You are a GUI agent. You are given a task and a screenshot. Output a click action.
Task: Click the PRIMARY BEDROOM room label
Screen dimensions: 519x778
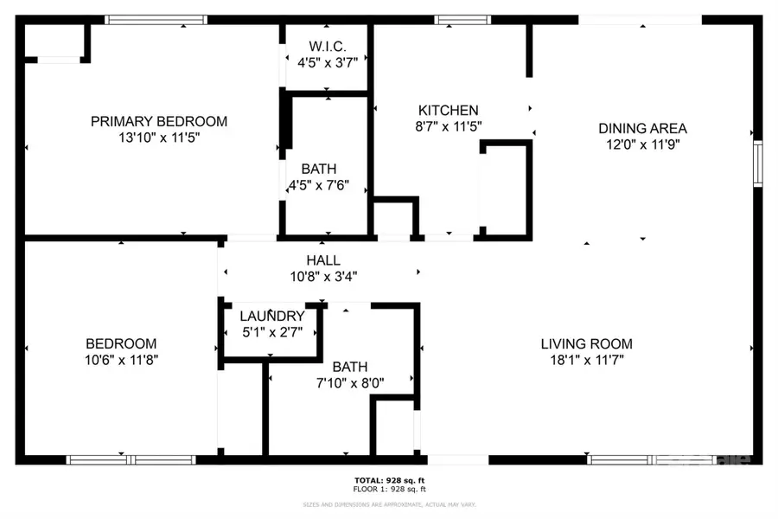(x=159, y=121)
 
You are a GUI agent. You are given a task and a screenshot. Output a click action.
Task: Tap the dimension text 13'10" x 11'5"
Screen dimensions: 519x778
(x=159, y=138)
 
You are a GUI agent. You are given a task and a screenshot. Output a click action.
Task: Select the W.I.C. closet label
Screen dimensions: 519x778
(x=327, y=45)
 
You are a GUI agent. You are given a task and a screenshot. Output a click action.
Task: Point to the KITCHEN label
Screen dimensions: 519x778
(x=448, y=110)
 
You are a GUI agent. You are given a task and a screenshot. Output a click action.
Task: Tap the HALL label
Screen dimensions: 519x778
(x=322, y=259)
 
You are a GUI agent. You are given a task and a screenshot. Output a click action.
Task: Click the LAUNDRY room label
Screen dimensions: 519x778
(x=271, y=316)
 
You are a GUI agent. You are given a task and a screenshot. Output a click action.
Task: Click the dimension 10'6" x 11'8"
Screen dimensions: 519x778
(x=120, y=360)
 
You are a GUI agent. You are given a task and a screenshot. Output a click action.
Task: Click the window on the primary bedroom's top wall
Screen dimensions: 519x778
(x=156, y=19)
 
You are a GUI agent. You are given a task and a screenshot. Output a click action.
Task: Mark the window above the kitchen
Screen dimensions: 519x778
(x=462, y=19)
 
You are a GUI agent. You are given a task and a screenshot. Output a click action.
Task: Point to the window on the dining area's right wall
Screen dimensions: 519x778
(x=757, y=164)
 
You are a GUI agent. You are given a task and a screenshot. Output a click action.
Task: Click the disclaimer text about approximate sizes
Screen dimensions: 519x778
(x=389, y=504)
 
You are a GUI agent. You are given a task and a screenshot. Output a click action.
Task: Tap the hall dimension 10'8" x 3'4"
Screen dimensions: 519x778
(x=322, y=277)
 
